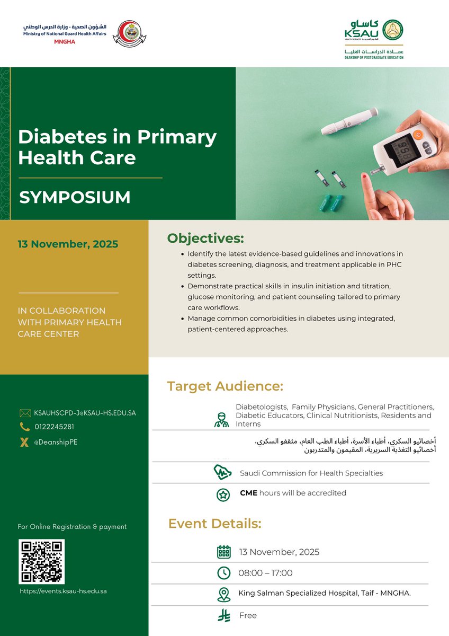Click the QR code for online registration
41,562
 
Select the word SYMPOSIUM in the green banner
75,197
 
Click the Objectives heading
205,238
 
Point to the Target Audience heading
225,386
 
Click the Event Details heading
214,524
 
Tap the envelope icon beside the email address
25,413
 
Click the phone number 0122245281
54,427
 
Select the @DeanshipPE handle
56,442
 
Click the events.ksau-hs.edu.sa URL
63,590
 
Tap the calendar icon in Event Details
224,552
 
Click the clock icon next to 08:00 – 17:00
224,573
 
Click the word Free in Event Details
248,615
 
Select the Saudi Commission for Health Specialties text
311,473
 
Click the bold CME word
248,493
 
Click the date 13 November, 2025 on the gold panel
68,244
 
